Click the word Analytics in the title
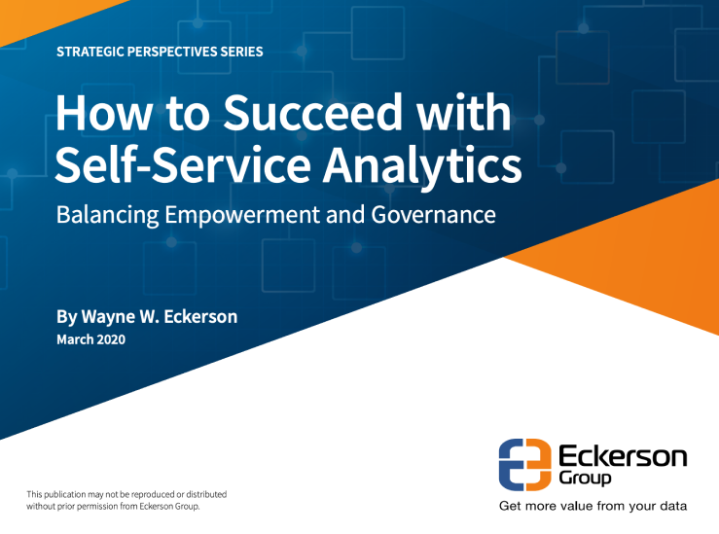point(423,166)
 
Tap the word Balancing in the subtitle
point(108,215)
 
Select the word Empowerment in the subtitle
point(242,215)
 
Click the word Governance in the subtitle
point(433,215)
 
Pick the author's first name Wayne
point(108,317)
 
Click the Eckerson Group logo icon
point(525,464)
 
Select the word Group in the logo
point(585,479)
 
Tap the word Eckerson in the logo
point(623,456)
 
